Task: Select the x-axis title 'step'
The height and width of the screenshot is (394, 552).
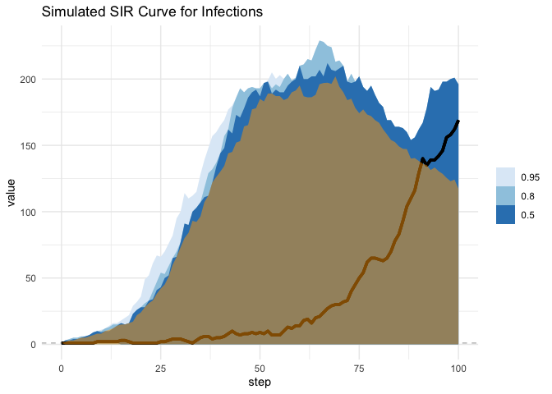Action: (x=260, y=382)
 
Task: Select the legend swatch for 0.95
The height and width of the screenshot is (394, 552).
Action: (x=504, y=176)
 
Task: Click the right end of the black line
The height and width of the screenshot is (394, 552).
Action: (x=458, y=121)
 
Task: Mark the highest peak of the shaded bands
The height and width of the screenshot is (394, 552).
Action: (x=320, y=41)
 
